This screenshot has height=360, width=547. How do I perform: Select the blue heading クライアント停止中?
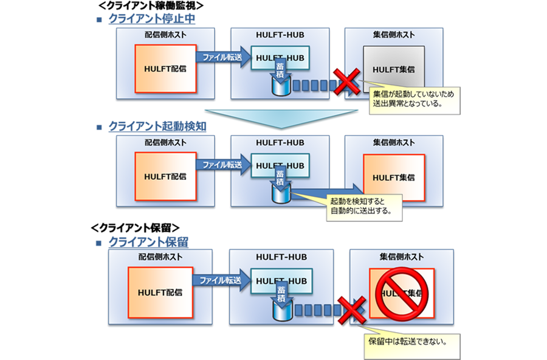[151, 19]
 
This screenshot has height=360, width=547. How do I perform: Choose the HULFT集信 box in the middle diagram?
[394, 177]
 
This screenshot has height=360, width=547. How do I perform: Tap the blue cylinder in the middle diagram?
[281, 194]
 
